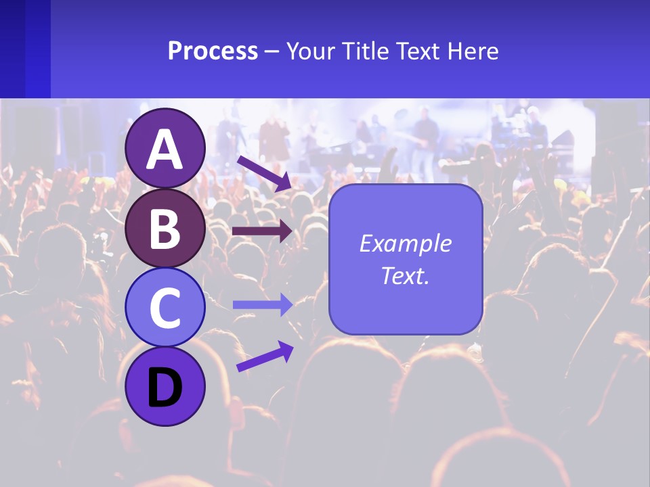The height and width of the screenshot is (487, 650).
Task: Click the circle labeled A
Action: pos(165,148)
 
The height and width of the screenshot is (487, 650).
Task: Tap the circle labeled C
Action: pos(165,307)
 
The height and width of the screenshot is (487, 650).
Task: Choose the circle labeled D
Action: pos(165,386)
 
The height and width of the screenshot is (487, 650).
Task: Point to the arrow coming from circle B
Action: pos(263,231)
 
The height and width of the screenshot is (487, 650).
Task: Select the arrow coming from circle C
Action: pos(263,305)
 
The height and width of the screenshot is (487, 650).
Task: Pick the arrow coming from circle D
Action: pos(264,356)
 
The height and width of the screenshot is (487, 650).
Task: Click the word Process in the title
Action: pos(213,51)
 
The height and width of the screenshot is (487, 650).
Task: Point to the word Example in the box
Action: pos(405,243)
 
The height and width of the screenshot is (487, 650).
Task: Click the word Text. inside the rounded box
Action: pos(405,276)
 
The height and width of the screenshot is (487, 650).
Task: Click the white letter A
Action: pos(165,149)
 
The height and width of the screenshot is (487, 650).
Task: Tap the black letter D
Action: pos(165,388)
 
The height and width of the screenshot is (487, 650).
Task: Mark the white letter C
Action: pos(165,308)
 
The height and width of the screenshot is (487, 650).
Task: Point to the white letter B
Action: pos(165,229)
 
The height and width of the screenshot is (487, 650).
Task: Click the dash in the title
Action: pos(272,52)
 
